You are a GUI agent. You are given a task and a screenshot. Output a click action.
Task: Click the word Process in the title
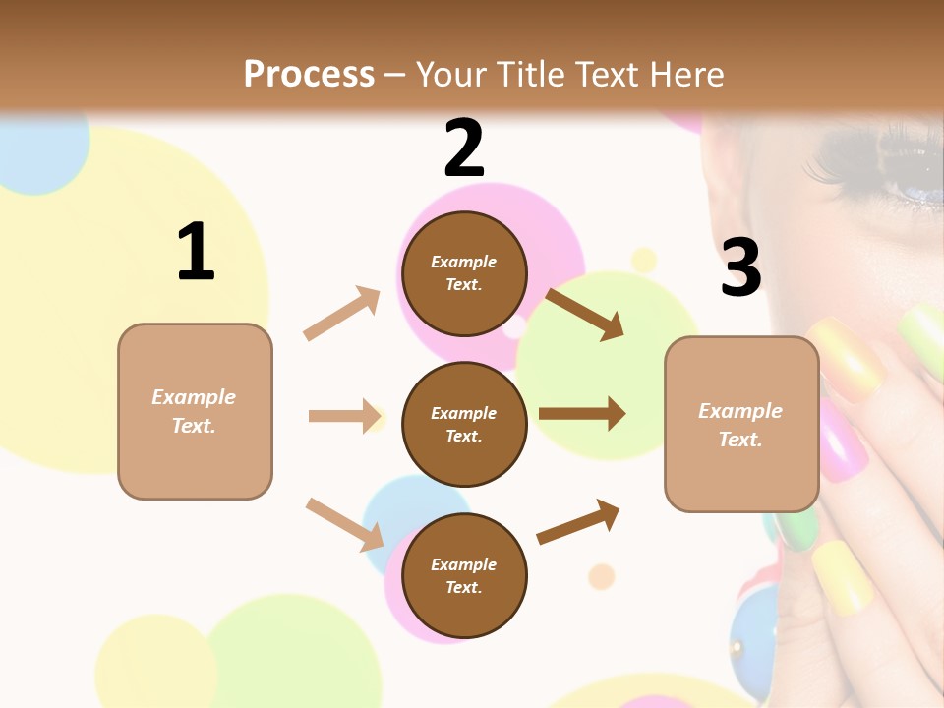point(309,74)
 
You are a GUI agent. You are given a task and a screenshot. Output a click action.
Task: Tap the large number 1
point(196,252)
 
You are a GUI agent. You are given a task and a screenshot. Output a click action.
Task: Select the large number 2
point(464,147)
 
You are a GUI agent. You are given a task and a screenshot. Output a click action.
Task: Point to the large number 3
point(740,268)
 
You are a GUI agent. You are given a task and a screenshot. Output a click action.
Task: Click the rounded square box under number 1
point(195,411)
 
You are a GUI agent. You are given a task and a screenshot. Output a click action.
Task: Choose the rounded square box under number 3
point(741,425)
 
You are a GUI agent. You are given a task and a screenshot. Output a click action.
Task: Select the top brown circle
point(464,273)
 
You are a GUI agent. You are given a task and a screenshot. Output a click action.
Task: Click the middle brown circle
point(464,425)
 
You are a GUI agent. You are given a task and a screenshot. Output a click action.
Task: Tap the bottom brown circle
point(464,576)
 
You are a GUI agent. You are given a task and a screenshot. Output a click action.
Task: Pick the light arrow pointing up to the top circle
point(342,314)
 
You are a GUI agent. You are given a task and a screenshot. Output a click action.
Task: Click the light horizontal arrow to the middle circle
point(344,416)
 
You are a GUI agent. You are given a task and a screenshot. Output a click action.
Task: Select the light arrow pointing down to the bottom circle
point(344,524)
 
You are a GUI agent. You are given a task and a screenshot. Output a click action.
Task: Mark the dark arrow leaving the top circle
point(584,314)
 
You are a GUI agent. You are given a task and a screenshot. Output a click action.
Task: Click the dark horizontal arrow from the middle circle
point(582,414)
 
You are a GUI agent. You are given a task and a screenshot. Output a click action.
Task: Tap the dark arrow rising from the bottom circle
point(579,521)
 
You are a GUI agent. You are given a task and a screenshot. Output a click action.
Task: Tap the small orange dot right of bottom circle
point(601,575)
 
